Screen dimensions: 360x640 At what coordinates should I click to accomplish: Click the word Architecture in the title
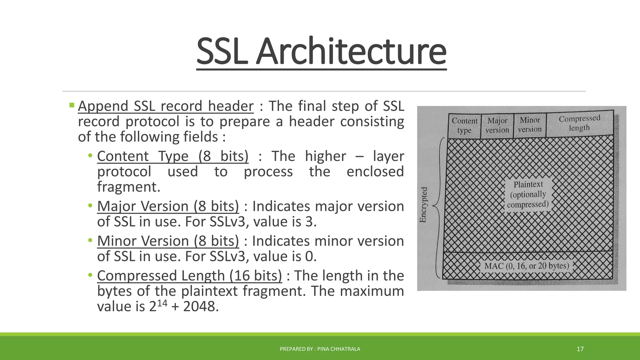tap(351, 52)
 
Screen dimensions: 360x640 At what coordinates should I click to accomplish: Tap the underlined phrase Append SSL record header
tap(166, 106)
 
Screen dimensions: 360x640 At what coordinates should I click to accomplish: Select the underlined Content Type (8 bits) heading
tap(172, 156)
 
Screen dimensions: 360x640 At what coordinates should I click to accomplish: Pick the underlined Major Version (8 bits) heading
tap(168, 206)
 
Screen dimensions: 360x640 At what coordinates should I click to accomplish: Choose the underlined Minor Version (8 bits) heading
tap(168, 241)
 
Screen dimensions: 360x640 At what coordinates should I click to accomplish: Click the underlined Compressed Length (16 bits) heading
tap(189, 276)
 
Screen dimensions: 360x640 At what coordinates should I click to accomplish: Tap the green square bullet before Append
tap(72, 105)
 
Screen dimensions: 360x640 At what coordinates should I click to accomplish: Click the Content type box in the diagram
tap(464, 126)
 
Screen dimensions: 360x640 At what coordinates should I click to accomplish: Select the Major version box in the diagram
tap(497, 125)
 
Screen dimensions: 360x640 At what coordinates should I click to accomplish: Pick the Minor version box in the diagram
tap(530, 125)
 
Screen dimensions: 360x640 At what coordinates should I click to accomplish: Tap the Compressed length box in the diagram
tap(579, 123)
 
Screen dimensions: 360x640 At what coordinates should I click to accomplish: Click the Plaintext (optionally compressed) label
tap(528, 194)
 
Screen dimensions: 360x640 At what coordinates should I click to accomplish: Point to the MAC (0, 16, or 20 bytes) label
tap(527, 266)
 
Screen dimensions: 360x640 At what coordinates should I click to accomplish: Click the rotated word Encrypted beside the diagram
tap(423, 205)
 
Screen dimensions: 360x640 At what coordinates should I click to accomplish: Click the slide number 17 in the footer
tap(580, 349)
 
